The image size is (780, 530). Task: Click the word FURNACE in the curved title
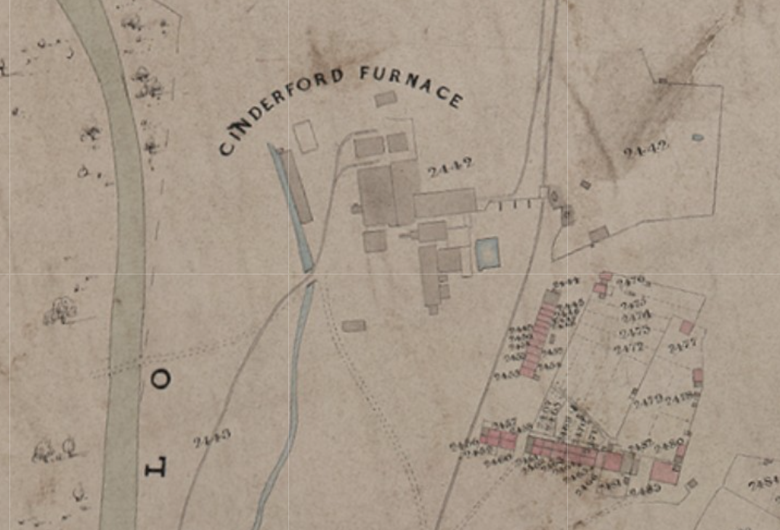pyautogui.click(x=410, y=84)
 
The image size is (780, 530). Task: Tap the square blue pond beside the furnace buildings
pyautogui.click(x=487, y=253)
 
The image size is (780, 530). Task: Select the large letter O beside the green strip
pyautogui.click(x=161, y=379)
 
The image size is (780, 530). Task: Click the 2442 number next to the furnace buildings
pyautogui.click(x=450, y=167)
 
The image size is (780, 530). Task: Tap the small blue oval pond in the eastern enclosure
pyautogui.click(x=698, y=136)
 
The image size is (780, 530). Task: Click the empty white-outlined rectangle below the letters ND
pyautogui.click(x=306, y=136)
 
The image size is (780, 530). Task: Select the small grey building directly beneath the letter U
pyautogui.click(x=386, y=99)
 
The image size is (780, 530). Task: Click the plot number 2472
pyautogui.click(x=630, y=348)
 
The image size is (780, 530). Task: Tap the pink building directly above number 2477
pyautogui.click(x=686, y=327)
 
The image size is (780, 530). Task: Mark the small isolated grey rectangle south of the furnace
pyautogui.click(x=354, y=326)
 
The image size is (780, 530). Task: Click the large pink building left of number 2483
pyautogui.click(x=664, y=473)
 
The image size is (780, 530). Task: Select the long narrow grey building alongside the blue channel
pyautogui.click(x=298, y=187)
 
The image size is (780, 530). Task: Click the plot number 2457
pyautogui.click(x=504, y=424)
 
